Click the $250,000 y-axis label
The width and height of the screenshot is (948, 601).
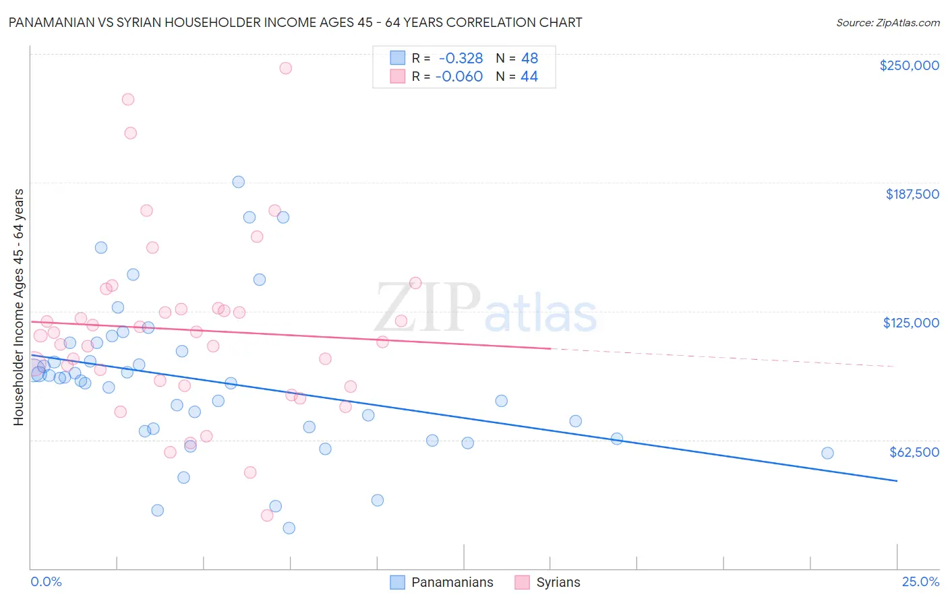909,65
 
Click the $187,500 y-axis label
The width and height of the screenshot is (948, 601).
912,194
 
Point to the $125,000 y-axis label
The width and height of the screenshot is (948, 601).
911,323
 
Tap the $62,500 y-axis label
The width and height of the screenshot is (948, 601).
914,452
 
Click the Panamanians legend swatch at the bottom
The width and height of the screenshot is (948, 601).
398,582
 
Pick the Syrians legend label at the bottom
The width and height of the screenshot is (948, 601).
558,583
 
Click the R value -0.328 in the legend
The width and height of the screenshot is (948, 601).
461,58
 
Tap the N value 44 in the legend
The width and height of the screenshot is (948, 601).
529,77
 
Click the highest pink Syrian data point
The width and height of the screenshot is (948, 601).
285,68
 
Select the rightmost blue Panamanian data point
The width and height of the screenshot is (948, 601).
827,453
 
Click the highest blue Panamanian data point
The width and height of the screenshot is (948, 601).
238,182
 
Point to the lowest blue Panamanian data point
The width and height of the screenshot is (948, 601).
289,528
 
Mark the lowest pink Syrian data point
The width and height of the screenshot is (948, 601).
267,515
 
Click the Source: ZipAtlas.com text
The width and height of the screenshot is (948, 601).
887,23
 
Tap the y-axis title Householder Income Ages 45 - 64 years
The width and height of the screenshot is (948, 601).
18,307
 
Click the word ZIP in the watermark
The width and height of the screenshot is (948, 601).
427,309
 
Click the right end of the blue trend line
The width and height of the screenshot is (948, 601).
897,480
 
